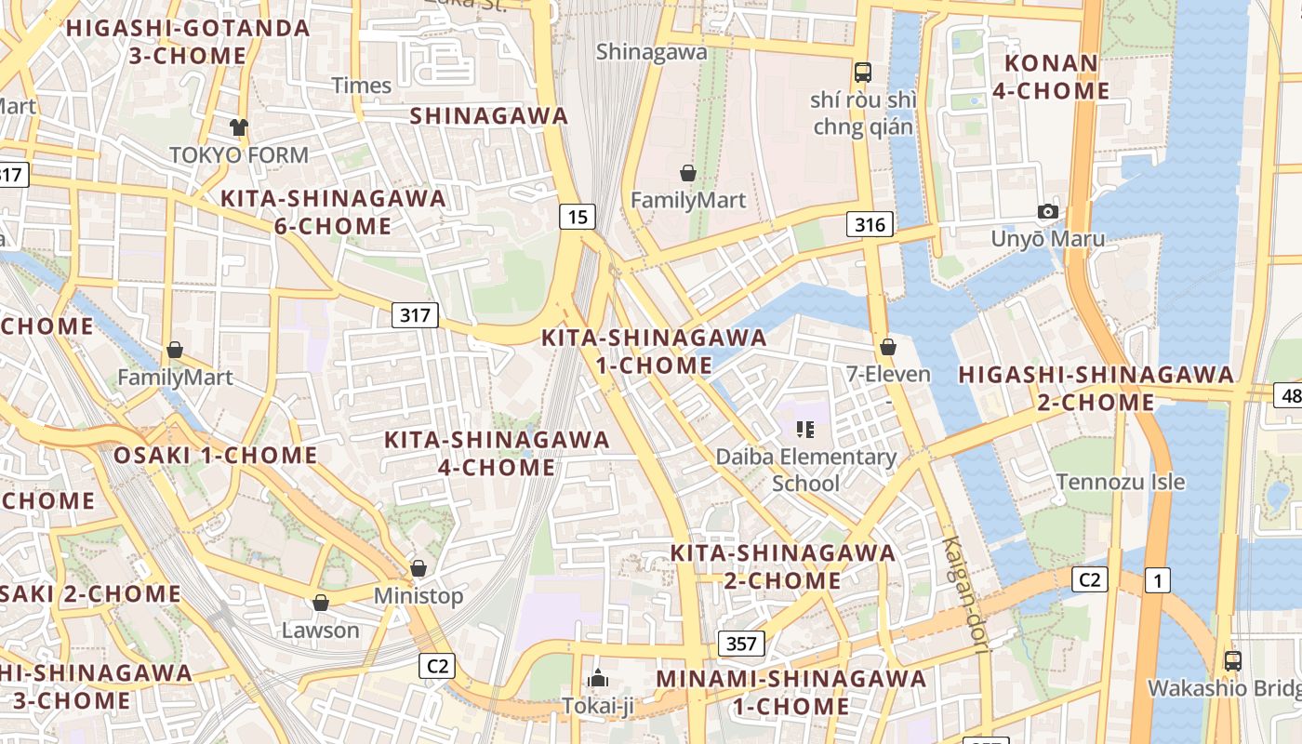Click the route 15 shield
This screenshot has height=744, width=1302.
point(578,217)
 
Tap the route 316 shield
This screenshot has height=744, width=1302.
point(870,223)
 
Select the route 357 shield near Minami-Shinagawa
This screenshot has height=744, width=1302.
point(741,644)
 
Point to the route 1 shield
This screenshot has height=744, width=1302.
point(1157,581)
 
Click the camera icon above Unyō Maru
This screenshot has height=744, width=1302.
point(1048,211)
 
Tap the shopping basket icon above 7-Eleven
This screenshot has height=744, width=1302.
point(888,347)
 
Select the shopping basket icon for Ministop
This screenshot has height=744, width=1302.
point(418,567)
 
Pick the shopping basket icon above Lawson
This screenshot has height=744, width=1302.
point(321,603)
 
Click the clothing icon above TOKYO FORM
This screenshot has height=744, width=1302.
point(239,127)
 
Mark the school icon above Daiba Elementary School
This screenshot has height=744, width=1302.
point(805,429)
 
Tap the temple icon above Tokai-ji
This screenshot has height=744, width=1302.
point(598,678)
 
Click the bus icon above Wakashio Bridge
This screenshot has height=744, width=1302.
point(1232,661)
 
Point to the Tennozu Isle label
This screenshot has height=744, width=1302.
point(1121,482)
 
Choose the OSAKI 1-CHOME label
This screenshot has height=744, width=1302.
point(216,456)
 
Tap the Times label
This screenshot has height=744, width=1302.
point(362,86)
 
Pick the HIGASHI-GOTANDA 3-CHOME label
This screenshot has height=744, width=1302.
point(188,41)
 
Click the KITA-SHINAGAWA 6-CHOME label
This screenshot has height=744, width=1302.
point(333,212)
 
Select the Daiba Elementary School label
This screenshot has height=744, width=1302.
point(806,470)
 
